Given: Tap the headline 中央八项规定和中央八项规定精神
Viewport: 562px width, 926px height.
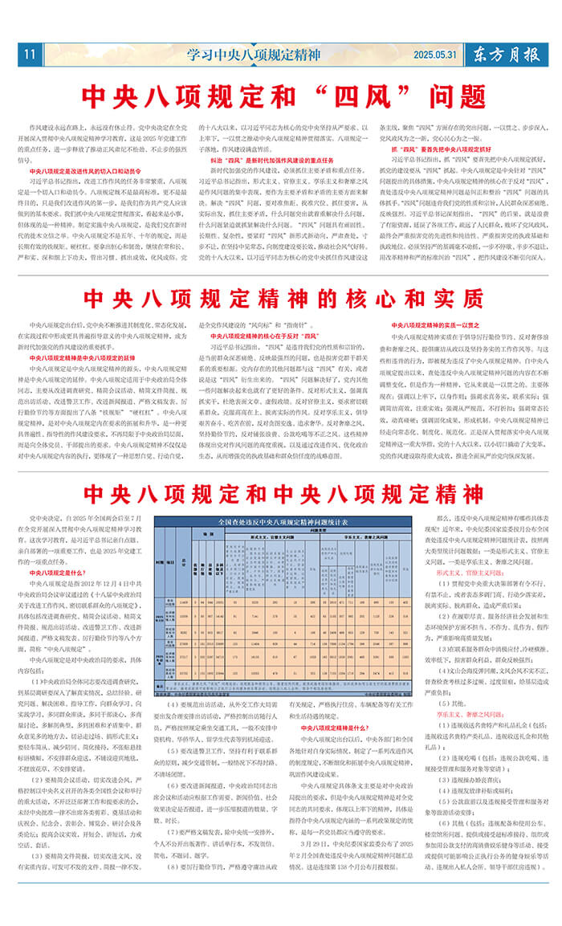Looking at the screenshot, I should [x=281, y=492].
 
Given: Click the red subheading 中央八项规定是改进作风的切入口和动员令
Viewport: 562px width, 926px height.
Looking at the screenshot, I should [x=84, y=171].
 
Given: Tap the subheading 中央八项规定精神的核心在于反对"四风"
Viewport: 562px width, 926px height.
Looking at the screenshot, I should [x=255, y=334].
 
